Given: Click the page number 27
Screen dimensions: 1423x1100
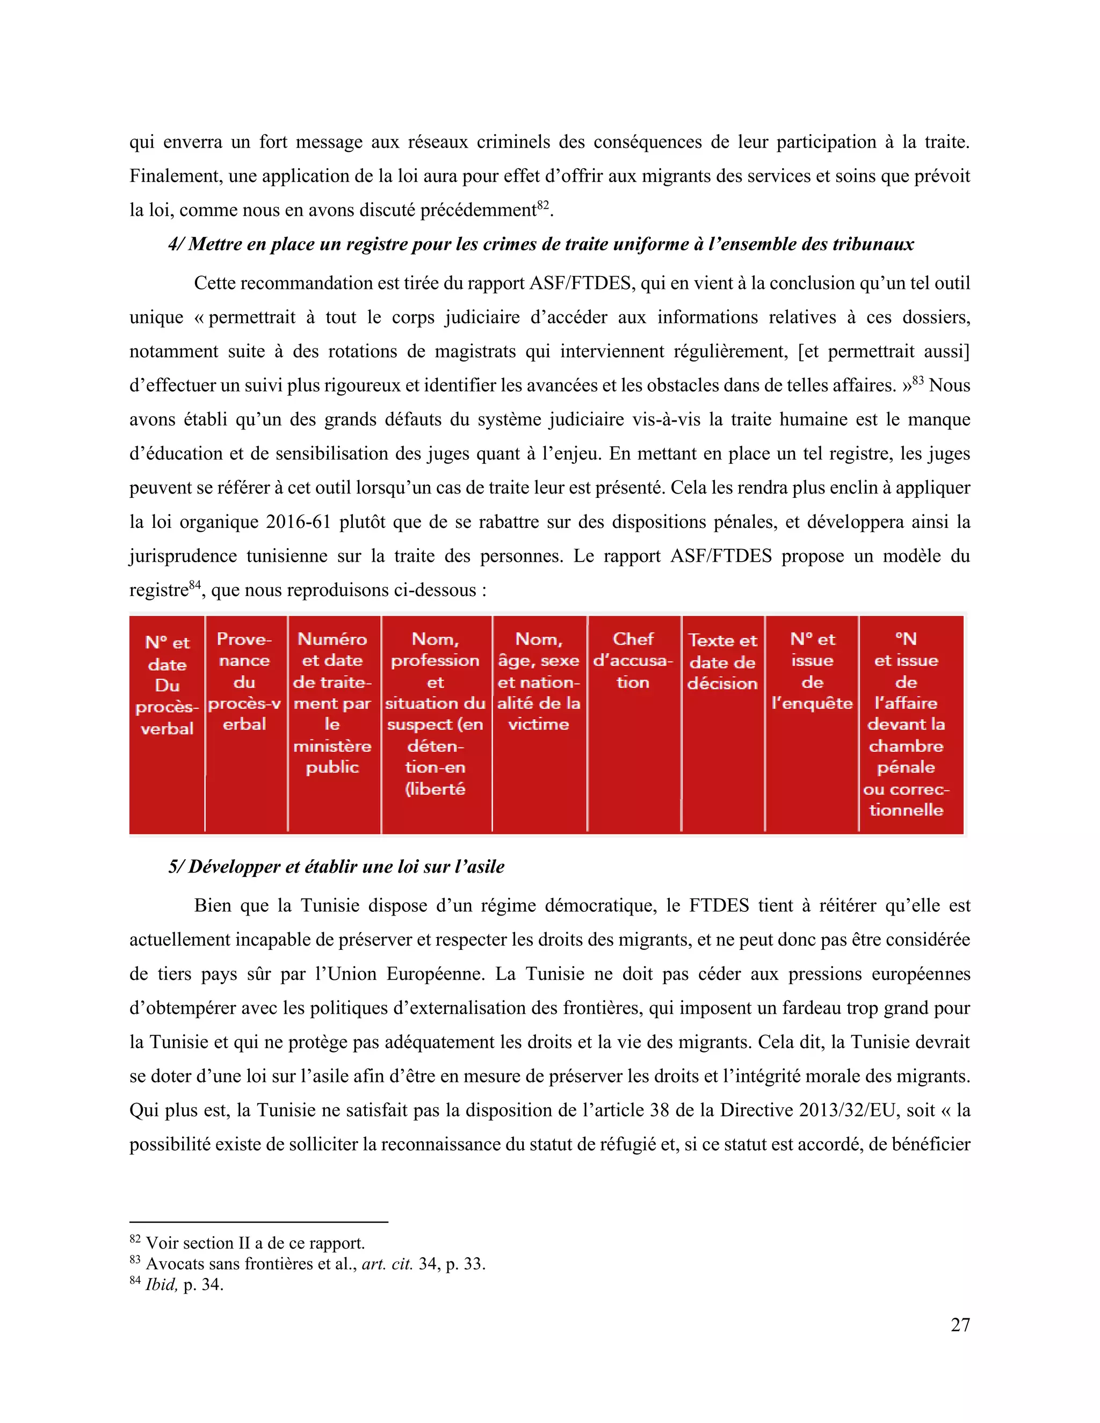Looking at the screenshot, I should coord(959,1325).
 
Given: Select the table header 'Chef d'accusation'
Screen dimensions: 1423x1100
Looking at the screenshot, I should coord(633,660).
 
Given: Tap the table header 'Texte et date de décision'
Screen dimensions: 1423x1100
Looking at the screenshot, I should coord(723,662).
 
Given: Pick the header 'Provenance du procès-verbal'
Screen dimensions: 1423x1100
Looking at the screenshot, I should coord(244,681).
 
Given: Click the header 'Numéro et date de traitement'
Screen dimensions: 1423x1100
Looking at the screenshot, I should coord(332,702).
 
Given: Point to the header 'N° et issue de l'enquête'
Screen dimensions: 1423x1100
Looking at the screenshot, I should coord(812,671).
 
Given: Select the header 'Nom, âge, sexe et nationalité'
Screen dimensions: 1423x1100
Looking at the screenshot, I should coord(538,681).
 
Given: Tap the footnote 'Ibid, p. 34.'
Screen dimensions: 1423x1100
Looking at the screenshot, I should coord(183,1284).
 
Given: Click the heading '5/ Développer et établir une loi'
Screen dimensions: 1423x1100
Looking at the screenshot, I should coord(336,867).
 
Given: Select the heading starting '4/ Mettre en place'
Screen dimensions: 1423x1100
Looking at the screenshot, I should coord(541,244).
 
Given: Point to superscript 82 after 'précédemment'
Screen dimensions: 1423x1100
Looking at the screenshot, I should coord(544,205).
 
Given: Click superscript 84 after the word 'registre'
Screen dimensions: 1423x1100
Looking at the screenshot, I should coord(195,584).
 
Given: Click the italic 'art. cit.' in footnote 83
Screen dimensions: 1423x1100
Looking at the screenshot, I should coord(387,1264).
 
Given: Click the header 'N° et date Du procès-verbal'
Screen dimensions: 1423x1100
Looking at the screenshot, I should coord(167,685).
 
